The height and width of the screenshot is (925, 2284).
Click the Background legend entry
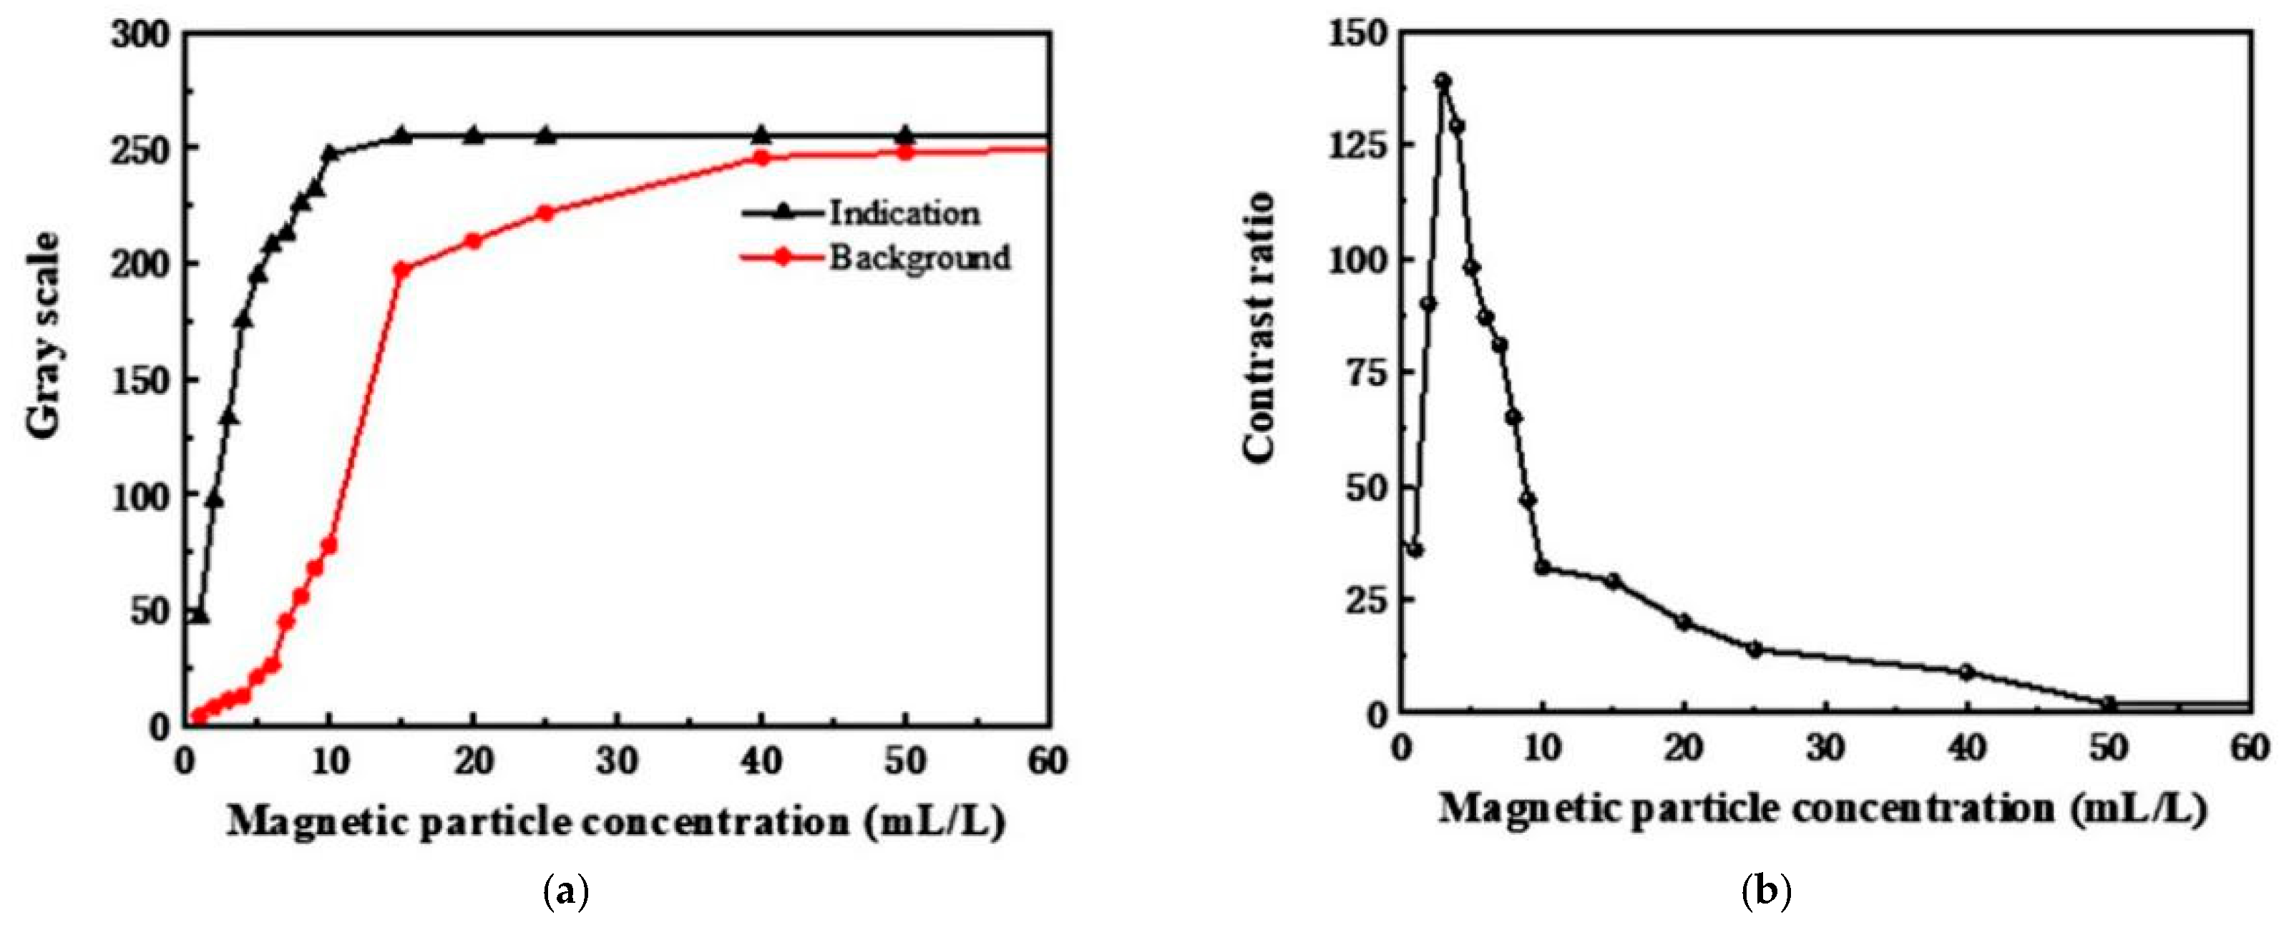click(x=919, y=258)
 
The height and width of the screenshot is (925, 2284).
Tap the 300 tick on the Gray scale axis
click(x=140, y=36)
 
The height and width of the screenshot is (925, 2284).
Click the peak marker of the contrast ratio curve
click(x=1443, y=81)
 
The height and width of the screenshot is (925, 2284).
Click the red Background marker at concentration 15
click(x=401, y=270)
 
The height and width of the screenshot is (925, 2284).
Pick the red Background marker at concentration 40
click(x=761, y=158)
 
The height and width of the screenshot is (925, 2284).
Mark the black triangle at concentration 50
click(x=904, y=134)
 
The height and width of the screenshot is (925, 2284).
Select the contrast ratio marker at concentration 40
click(x=1966, y=671)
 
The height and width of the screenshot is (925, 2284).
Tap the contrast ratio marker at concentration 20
click(x=1684, y=622)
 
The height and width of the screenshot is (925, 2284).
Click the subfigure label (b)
click(x=1766, y=891)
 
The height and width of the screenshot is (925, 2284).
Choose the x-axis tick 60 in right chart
click(x=2250, y=748)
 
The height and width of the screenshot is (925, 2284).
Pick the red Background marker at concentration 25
click(x=545, y=213)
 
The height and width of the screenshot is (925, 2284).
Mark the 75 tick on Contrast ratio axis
click(x=1365, y=373)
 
